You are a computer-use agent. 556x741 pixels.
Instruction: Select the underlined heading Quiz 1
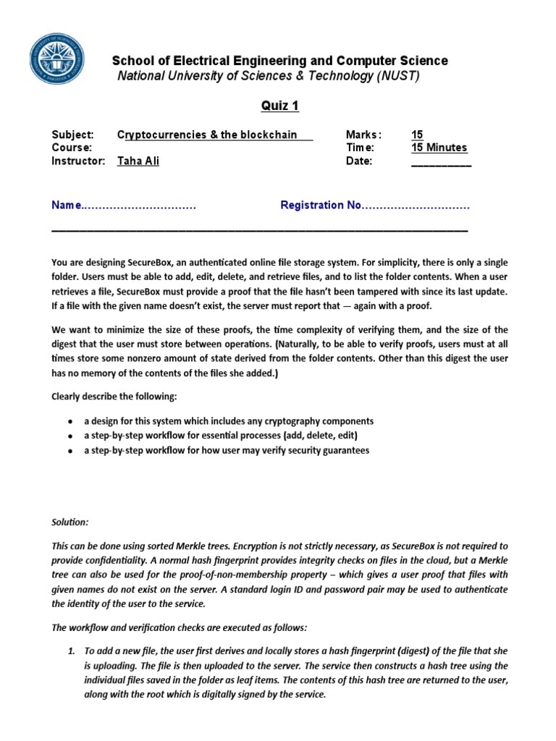[280, 106]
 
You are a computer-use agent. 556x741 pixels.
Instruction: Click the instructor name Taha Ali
[138, 161]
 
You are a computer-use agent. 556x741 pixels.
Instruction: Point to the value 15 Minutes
[439, 148]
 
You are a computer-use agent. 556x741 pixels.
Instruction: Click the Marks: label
[363, 135]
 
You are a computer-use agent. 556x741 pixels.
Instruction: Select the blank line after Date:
[441, 162]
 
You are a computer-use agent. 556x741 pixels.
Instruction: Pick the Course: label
[71, 148]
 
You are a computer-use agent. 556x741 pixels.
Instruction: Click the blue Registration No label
[320, 206]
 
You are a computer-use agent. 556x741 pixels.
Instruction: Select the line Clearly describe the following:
[114, 396]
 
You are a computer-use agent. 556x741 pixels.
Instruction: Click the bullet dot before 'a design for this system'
[69, 422]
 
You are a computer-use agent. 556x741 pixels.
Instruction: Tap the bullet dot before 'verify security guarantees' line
[69, 451]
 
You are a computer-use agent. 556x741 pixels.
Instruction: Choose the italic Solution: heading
[70, 522]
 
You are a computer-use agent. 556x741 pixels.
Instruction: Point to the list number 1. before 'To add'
[72, 651]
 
